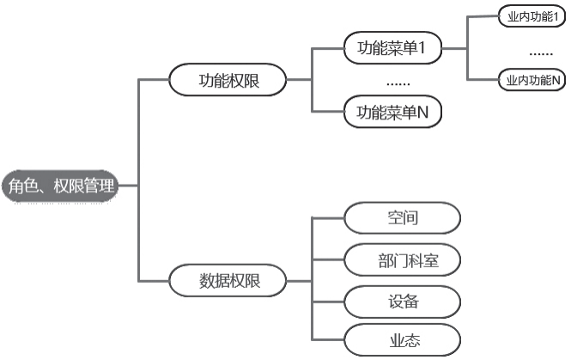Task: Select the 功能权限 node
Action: pyautogui.click(x=228, y=81)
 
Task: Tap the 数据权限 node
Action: pyautogui.click(x=228, y=281)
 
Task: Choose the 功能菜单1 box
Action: pyautogui.click(x=392, y=49)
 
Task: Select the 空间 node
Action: pyautogui.click(x=402, y=217)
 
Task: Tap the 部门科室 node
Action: pyautogui.click(x=402, y=260)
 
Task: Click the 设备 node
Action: pyautogui.click(x=402, y=301)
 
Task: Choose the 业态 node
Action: pyautogui.click(x=402, y=339)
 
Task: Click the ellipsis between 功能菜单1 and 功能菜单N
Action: pyautogui.click(x=398, y=82)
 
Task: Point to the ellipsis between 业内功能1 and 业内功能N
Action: pyautogui.click(x=540, y=52)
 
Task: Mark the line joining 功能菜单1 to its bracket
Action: pyautogui.click(x=326, y=49)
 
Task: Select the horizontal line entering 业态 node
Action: pyautogui.click(x=328, y=339)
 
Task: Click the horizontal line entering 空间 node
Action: pyautogui.click(x=328, y=217)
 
